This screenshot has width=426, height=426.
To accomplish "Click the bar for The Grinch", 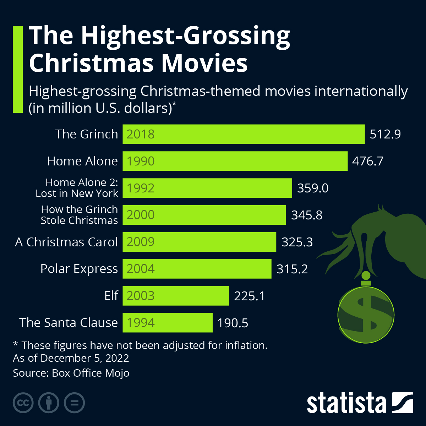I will tap(244, 134).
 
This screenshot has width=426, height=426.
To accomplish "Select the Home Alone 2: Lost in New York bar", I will tap(207, 188).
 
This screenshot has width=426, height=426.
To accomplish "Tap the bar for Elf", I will tap(176, 296).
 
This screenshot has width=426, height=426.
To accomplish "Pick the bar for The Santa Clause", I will tap(168, 323).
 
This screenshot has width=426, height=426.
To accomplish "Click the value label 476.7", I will tap(367, 161).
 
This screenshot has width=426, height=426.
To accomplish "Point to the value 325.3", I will tap(297, 242).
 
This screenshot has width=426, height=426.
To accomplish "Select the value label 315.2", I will tap(292, 269).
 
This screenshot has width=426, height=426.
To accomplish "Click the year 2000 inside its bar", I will tap(141, 215).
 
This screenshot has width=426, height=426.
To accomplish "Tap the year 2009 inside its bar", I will tap(141, 242).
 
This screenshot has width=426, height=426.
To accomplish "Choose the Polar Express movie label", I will tap(79, 269).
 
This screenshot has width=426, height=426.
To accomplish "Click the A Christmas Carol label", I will tap(66, 242).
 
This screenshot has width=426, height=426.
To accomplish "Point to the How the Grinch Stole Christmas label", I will tap(79, 215).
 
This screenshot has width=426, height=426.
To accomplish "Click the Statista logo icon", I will tap(402, 403).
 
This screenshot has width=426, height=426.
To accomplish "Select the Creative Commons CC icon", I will tap(23, 403).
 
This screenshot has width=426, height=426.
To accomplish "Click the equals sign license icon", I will tap(74, 403).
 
